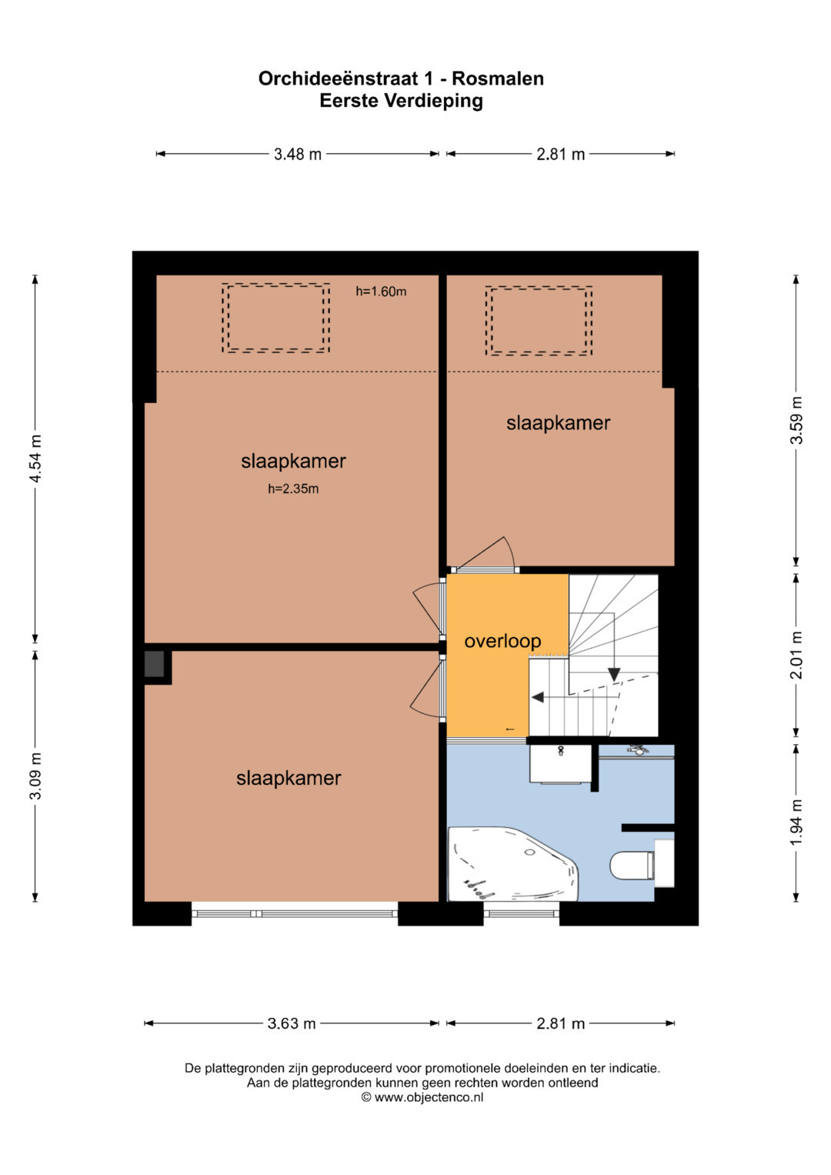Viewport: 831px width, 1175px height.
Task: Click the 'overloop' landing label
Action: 502,642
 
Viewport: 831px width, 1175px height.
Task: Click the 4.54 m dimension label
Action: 35,459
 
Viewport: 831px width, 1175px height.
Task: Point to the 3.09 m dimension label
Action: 35,776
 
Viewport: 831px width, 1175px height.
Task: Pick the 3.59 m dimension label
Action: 796,421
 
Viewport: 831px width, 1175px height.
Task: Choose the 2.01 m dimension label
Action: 796,655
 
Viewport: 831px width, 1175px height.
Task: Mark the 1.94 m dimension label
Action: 796,822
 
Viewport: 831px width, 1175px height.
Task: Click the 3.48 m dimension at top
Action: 298,154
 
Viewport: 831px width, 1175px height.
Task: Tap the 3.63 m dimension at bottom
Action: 292,1023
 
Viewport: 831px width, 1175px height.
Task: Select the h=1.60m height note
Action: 381,292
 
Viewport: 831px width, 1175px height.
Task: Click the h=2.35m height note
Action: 293,489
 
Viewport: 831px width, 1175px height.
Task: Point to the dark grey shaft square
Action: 154,664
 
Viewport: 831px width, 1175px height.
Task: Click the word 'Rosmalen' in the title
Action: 498,78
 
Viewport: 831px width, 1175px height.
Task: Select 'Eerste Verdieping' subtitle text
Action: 402,101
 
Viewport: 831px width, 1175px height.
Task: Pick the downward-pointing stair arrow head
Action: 614,675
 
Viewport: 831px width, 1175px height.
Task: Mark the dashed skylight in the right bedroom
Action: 539,321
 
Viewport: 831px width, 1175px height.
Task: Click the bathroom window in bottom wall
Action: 522,913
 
